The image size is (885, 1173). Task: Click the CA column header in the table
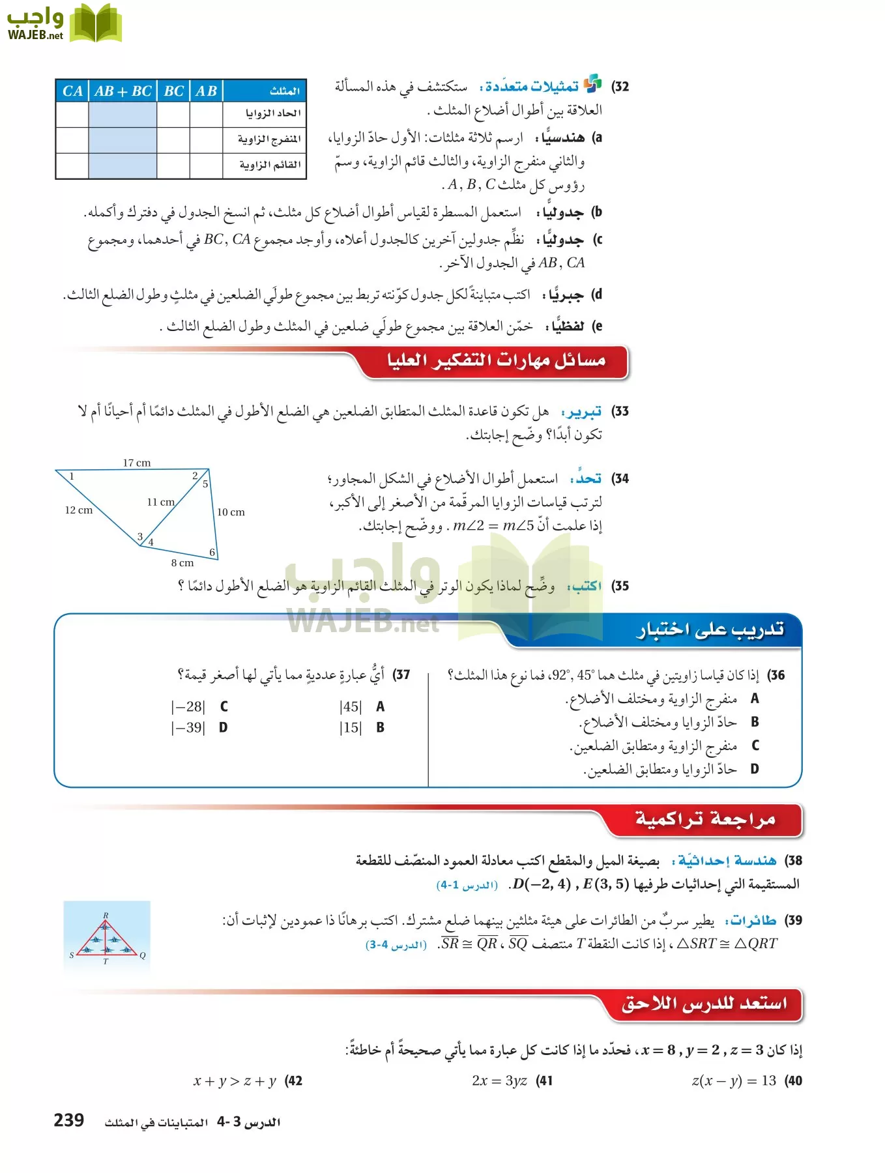[72, 91]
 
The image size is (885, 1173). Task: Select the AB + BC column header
[123, 91]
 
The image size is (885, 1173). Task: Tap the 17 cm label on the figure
[137, 463]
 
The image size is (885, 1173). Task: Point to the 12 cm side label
[78, 510]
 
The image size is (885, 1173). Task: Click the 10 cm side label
[231, 512]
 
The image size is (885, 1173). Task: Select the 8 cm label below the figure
[182, 563]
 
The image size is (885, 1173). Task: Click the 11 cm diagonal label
[160, 502]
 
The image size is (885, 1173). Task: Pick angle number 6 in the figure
[212, 553]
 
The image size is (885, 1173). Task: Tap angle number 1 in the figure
[72, 476]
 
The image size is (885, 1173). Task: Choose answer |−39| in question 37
[188, 728]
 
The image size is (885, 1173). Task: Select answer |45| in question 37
[350, 706]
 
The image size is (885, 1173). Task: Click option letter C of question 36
[755, 746]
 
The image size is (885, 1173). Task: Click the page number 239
[68, 1120]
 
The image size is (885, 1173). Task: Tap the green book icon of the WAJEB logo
[96, 23]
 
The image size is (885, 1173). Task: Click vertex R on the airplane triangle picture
[106, 916]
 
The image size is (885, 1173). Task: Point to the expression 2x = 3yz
[499, 1080]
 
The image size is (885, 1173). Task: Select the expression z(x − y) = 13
[734, 1080]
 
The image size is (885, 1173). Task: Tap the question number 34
[620, 479]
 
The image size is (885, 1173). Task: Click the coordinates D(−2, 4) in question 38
[542, 884]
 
